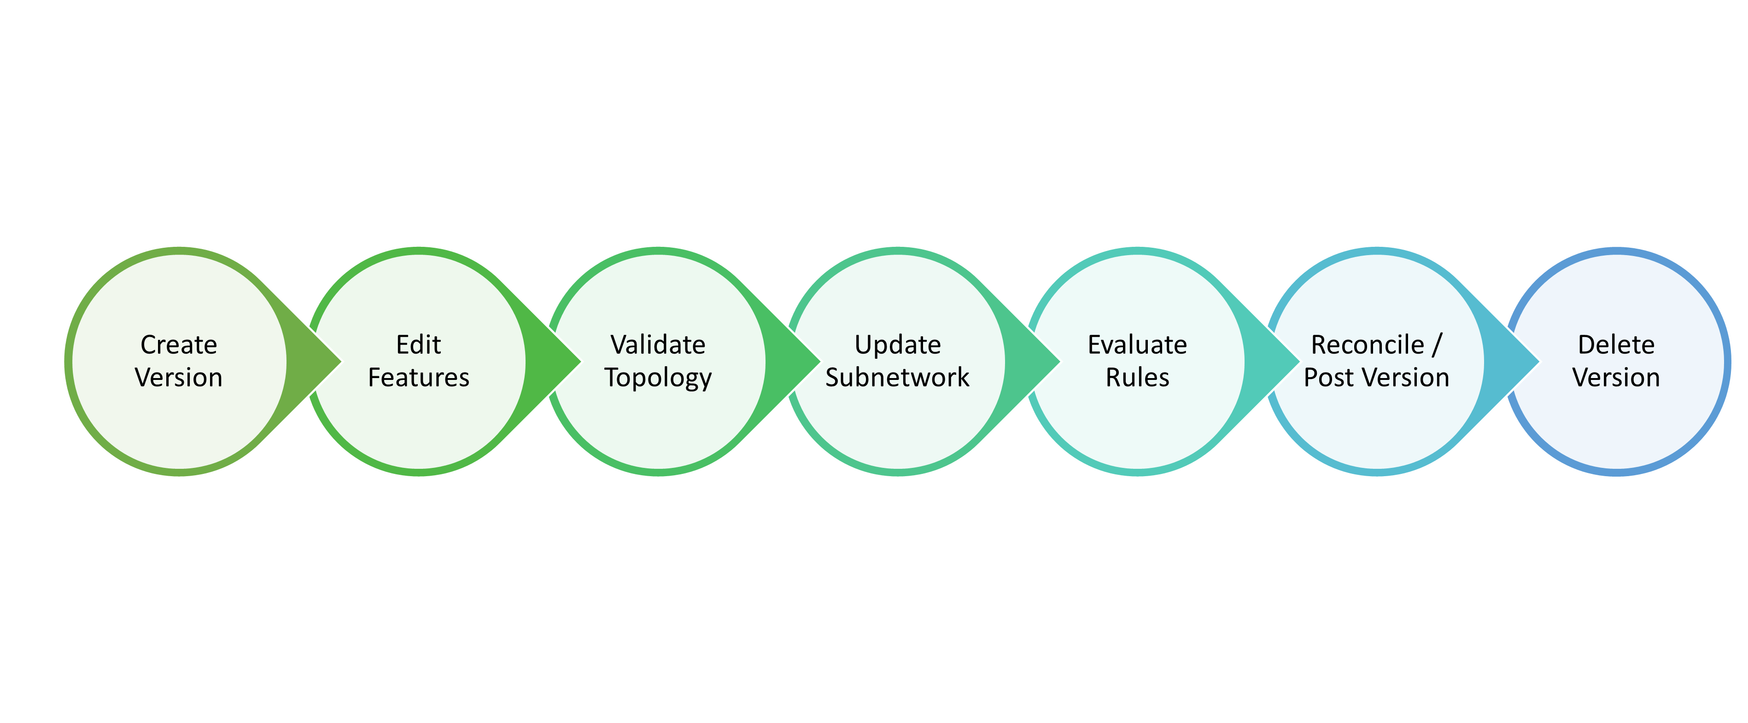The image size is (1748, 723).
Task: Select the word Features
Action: pyautogui.click(x=418, y=378)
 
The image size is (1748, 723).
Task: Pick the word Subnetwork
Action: pyautogui.click(x=897, y=378)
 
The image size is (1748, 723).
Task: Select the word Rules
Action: pyautogui.click(x=1137, y=378)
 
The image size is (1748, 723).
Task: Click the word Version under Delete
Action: pyautogui.click(x=1616, y=378)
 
